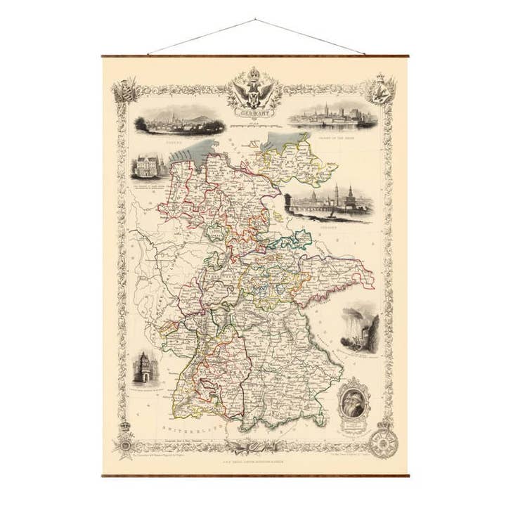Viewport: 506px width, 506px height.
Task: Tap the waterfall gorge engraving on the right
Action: (x=360, y=327)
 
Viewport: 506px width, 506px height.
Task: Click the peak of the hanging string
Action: (x=254, y=20)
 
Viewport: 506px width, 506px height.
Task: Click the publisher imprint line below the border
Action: (x=253, y=462)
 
